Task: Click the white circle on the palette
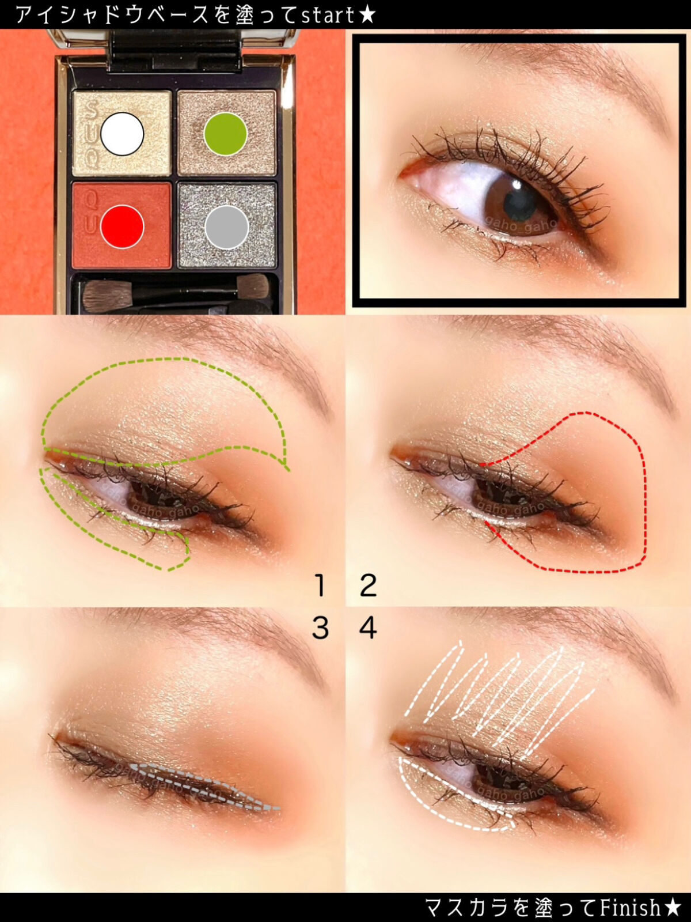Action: point(122,134)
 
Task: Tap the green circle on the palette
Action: point(225,134)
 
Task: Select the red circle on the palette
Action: point(122,227)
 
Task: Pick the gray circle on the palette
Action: point(226,227)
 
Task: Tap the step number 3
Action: point(321,628)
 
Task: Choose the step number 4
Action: point(369,628)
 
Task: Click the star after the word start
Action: point(367,15)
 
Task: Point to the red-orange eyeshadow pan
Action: point(122,225)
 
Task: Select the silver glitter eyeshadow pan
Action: point(227,225)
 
